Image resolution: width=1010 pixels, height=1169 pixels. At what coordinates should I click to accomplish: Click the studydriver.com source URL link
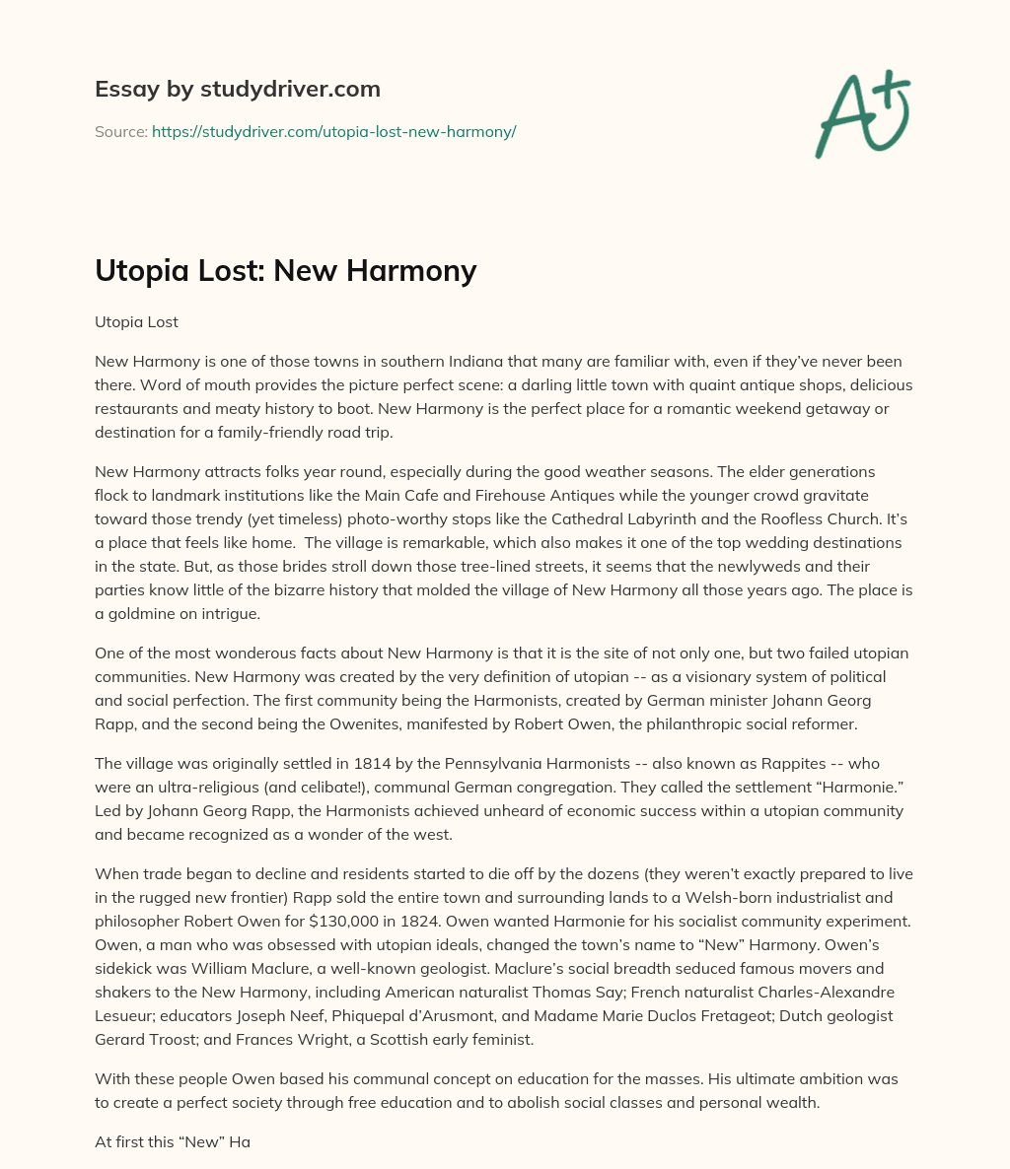pos(333,131)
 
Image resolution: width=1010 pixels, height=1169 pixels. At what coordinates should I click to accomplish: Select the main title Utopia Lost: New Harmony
pos(285,270)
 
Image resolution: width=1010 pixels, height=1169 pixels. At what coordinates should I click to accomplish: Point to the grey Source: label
pos(120,131)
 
